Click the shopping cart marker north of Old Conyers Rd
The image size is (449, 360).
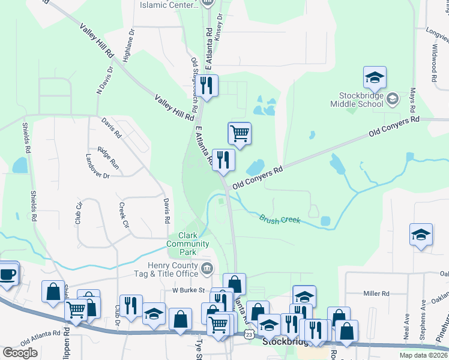point(240,133)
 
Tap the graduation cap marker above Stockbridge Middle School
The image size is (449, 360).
point(375,77)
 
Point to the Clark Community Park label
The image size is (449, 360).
point(187,239)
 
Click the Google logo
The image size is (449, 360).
point(20,353)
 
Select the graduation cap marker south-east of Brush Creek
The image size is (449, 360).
point(421,235)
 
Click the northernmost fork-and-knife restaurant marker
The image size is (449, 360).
point(207,85)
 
